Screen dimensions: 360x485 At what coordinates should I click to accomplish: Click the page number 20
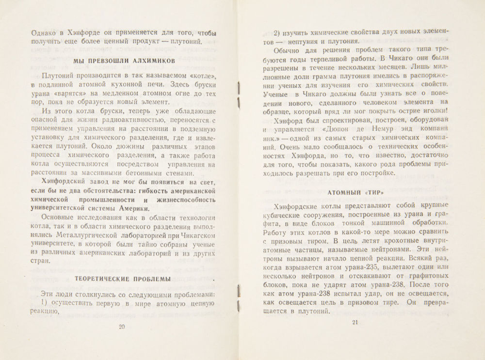tap(122, 327)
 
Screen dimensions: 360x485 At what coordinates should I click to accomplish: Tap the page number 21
tap(355, 324)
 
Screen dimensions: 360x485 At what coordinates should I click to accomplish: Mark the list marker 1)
tap(47, 304)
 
